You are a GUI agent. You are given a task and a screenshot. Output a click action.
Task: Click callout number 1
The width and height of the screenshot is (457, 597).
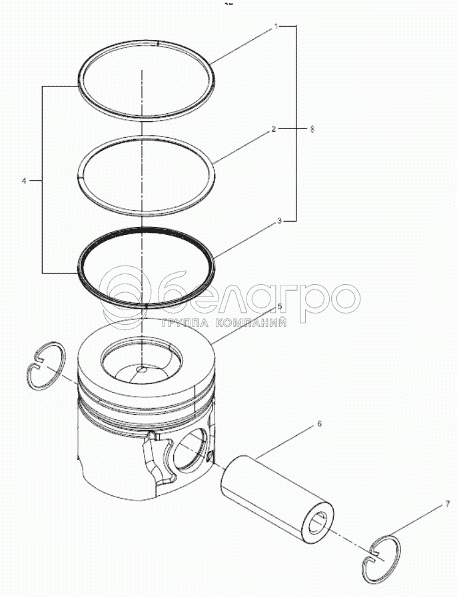[x=276, y=27]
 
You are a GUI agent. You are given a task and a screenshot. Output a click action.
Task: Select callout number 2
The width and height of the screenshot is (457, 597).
[x=273, y=129]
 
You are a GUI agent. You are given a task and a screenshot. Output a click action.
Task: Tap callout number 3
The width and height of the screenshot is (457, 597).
[x=279, y=221]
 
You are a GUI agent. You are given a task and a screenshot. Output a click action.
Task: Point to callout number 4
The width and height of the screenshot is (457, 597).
[x=24, y=181]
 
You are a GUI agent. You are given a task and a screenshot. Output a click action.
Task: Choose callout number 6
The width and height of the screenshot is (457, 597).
[x=319, y=423]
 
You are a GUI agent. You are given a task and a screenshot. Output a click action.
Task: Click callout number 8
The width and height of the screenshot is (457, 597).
[x=312, y=129]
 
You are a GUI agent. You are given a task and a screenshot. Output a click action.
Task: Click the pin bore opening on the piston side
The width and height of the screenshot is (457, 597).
[x=190, y=449]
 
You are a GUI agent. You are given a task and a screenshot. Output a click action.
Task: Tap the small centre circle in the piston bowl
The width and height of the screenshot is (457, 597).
[x=141, y=369]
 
